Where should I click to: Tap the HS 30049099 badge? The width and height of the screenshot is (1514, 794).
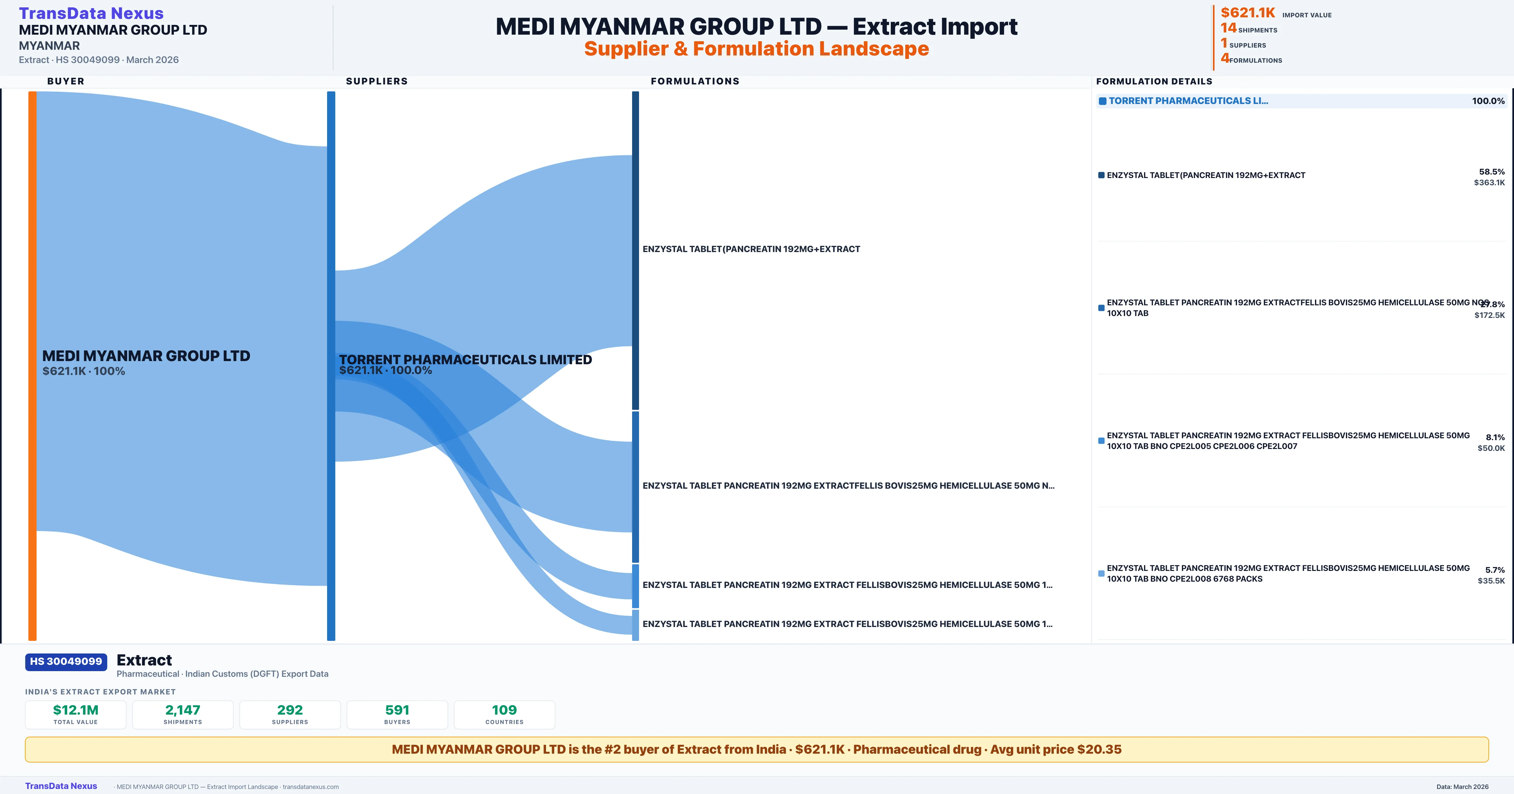click(66, 661)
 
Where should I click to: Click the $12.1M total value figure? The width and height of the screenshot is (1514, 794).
click(76, 710)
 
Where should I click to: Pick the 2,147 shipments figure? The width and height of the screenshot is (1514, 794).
click(183, 710)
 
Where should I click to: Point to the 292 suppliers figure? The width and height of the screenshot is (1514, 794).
click(290, 710)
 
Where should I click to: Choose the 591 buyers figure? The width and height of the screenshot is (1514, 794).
click(397, 710)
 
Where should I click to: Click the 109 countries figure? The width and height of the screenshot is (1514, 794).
click(504, 710)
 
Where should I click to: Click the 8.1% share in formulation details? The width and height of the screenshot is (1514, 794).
click(1495, 437)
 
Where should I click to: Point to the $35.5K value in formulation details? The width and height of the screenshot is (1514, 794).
click(1491, 581)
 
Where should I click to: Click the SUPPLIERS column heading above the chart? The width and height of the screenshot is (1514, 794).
click(377, 81)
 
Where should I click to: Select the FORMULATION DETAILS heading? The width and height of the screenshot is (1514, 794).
click(1154, 81)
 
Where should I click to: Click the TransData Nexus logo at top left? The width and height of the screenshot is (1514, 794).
click(91, 13)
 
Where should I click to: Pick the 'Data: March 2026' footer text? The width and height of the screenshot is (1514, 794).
click(1462, 786)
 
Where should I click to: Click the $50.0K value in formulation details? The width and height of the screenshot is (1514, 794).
click(1491, 448)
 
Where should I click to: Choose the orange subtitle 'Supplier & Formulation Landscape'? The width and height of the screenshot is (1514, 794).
click(756, 49)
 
